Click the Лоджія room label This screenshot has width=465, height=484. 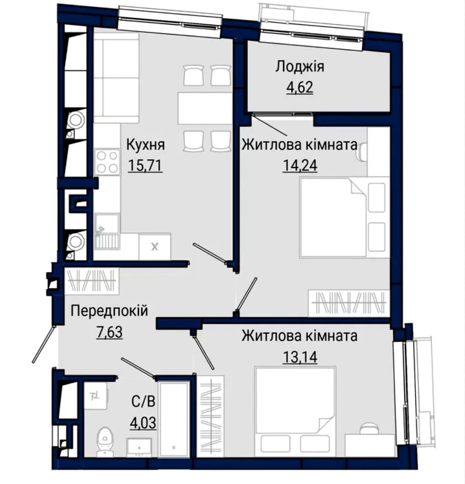point(299,67)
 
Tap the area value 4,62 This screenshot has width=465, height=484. point(299,87)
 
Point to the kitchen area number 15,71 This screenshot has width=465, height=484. point(146,165)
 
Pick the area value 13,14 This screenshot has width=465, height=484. point(300,357)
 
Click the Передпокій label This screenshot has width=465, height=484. point(109,311)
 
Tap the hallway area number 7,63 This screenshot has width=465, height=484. point(109,332)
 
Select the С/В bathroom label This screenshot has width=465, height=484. point(144,402)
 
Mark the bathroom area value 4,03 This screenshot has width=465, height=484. point(144,422)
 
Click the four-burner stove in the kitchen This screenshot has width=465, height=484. point(107,162)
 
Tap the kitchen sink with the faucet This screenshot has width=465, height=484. point(107,231)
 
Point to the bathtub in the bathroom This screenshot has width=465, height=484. point(173,420)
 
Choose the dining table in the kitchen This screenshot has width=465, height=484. point(205,108)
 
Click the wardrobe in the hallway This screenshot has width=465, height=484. point(92,280)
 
